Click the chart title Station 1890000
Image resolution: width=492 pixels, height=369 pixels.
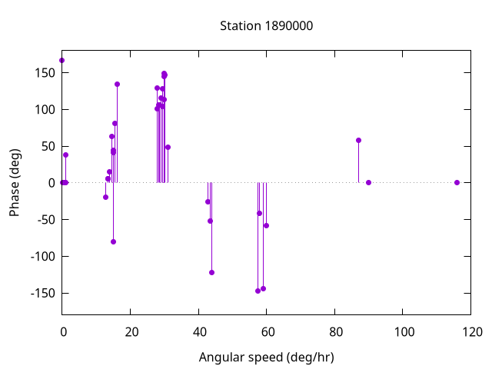(x=266, y=25)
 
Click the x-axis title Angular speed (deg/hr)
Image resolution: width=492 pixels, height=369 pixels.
(x=266, y=357)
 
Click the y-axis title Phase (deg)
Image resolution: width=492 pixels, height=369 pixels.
(x=15, y=182)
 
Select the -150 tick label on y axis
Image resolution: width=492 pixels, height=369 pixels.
(x=39, y=293)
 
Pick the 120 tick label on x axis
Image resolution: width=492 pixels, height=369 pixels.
(x=472, y=332)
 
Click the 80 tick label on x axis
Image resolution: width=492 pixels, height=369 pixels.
(x=335, y=332)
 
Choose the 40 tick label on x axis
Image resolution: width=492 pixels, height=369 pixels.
(x=198, y=332)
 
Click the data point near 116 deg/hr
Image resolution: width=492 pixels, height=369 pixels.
(x=457, y=182)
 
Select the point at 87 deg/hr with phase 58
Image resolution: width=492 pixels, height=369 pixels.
(x=358, y=140)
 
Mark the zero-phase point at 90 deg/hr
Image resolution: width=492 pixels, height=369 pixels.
(x=369, y=182)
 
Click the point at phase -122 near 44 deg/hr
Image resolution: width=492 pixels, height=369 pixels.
(x=211, y=272)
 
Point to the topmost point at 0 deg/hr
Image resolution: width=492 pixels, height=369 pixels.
(x=61, y=60)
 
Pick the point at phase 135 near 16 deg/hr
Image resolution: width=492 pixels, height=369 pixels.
(x=117, y=84)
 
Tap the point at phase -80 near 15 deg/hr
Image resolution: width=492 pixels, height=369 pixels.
(x=113, y=241)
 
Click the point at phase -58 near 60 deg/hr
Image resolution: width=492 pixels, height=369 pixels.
(x=266, y=225)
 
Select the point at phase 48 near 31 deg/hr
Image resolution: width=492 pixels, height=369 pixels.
(x=168, y=147)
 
